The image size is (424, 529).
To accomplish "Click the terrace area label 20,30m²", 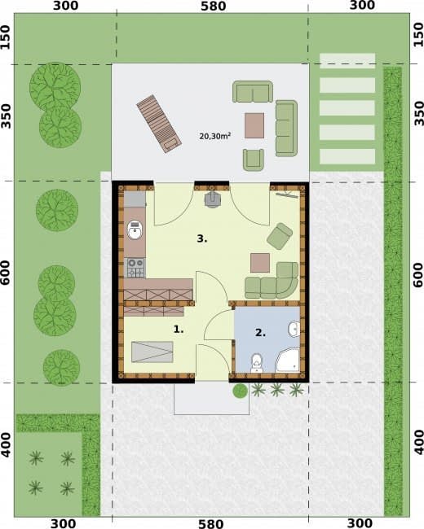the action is (x=215, y=136).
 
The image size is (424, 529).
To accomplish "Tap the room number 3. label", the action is (x=202, y=238).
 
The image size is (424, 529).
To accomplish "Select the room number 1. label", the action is (x=179, y=329).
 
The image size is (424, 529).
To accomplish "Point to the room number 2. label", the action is (x=260, y=333).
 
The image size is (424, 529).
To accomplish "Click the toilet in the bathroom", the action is (x=257, y=363).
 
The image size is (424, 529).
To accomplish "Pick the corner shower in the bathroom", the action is (x=288, y=361).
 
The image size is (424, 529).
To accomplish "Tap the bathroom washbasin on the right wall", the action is (x=294, y=329).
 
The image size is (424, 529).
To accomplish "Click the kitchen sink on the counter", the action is (x=135, y=230).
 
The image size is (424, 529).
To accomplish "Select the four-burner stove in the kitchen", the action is (x=135, y=268).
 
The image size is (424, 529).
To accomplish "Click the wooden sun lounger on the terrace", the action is (x=159, y=124).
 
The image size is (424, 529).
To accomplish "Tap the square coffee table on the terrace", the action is (x=254, y=125).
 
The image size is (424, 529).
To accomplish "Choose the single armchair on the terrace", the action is (x=254, y=160).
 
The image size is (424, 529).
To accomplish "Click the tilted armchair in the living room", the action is (x=280, y=236).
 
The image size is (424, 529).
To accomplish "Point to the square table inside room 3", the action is (x=260, y=263).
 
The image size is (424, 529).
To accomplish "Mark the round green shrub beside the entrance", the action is (x=240, y=391).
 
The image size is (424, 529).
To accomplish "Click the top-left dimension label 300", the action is (x=65, y=6).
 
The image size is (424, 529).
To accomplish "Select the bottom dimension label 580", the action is (x=210, y=523).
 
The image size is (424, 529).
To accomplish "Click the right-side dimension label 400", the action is (x=418, y=442).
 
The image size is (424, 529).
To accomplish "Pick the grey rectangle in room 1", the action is (x=152, y=352).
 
